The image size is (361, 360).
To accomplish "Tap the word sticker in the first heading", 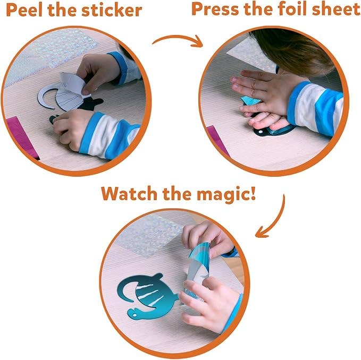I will point(113,10).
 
